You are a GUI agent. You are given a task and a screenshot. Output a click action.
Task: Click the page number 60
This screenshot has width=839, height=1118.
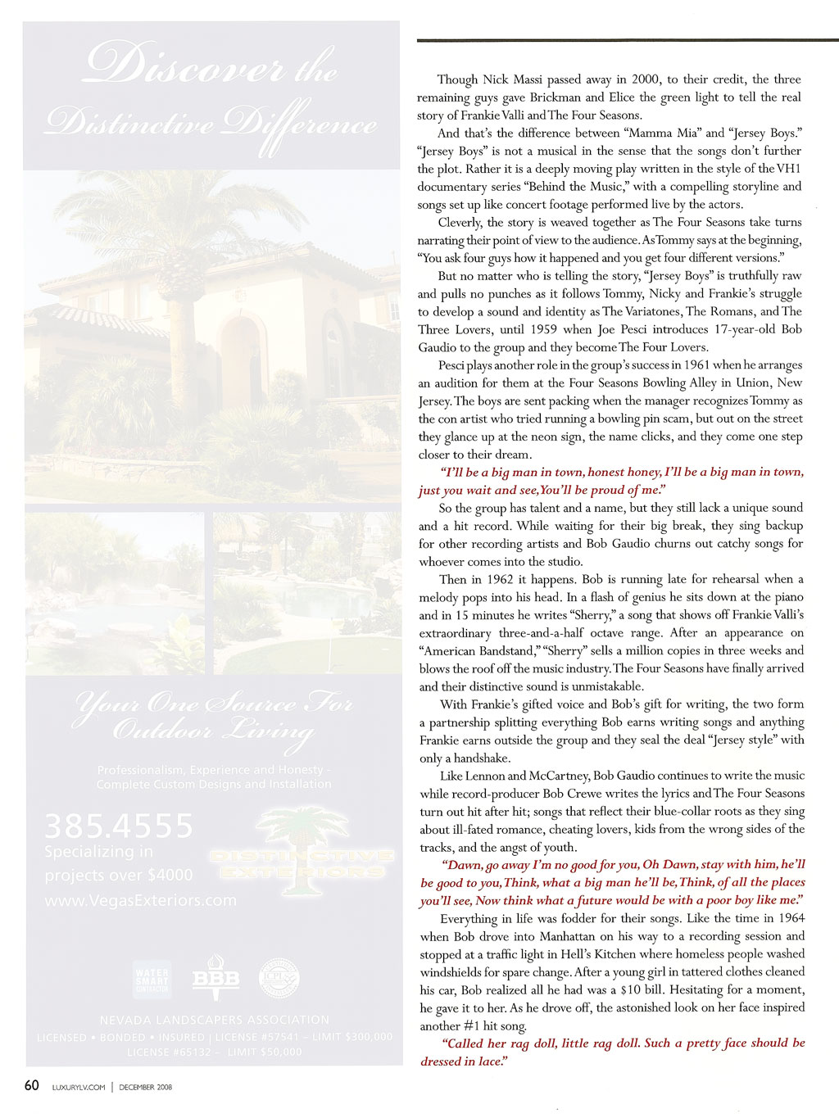coord(31,1086)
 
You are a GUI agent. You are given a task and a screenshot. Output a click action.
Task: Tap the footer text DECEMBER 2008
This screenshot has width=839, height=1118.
coord(145,1088)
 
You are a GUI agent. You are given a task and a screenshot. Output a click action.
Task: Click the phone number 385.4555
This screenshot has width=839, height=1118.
coord(119,826)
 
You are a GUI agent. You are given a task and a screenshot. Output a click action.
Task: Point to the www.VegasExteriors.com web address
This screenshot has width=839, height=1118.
coord(140,900)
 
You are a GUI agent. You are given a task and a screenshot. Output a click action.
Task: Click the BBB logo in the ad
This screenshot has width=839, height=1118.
coord(215,979)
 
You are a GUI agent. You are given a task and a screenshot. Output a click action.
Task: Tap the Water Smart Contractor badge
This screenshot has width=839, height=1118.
coord(152,980)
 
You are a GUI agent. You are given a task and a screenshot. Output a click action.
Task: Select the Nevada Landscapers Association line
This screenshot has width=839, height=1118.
coord(215,1020)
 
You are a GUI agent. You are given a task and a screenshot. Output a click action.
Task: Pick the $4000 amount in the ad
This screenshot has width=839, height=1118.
coord(167,875)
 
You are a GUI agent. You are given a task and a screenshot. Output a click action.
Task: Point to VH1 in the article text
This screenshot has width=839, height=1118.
coord(788,169)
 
